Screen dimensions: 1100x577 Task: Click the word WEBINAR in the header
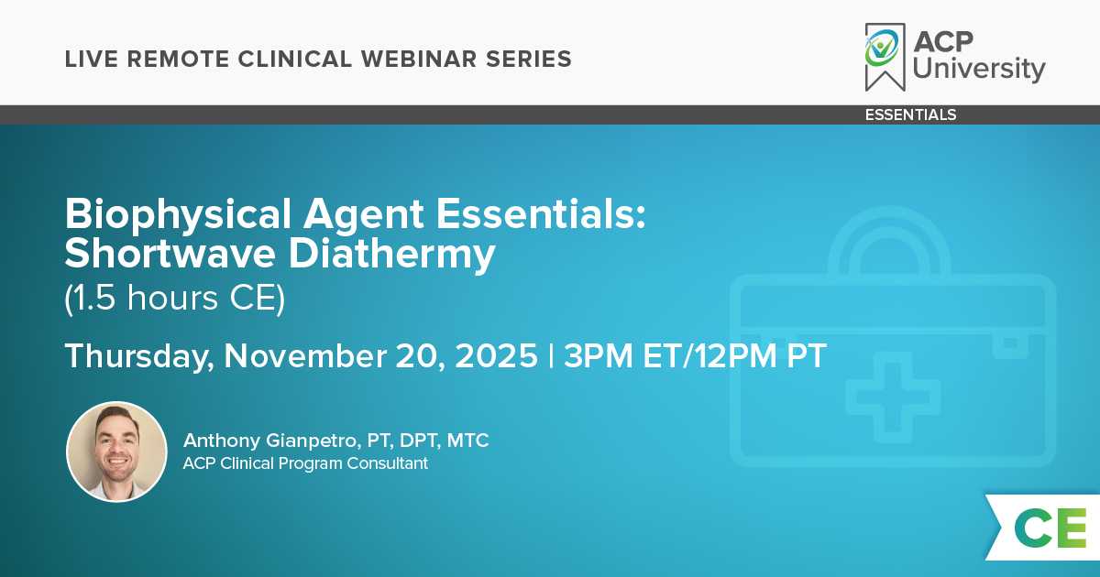[418, 59]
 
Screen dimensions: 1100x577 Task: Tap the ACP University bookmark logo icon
[885, 57]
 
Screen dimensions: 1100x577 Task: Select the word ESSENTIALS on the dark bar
[910, 114]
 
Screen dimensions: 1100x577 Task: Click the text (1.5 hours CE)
[175, 298]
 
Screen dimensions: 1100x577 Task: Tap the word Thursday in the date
[139, 356]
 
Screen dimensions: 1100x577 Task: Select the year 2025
[496, 355]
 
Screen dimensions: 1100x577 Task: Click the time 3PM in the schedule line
[598, 355]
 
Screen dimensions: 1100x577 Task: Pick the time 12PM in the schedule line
[735, 355]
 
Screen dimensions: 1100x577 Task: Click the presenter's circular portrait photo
[117, 452]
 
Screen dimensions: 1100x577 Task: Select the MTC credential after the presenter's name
[467, 441]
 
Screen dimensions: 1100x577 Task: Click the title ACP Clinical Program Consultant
[305, 463]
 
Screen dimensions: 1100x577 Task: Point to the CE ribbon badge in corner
[1043, 528]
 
